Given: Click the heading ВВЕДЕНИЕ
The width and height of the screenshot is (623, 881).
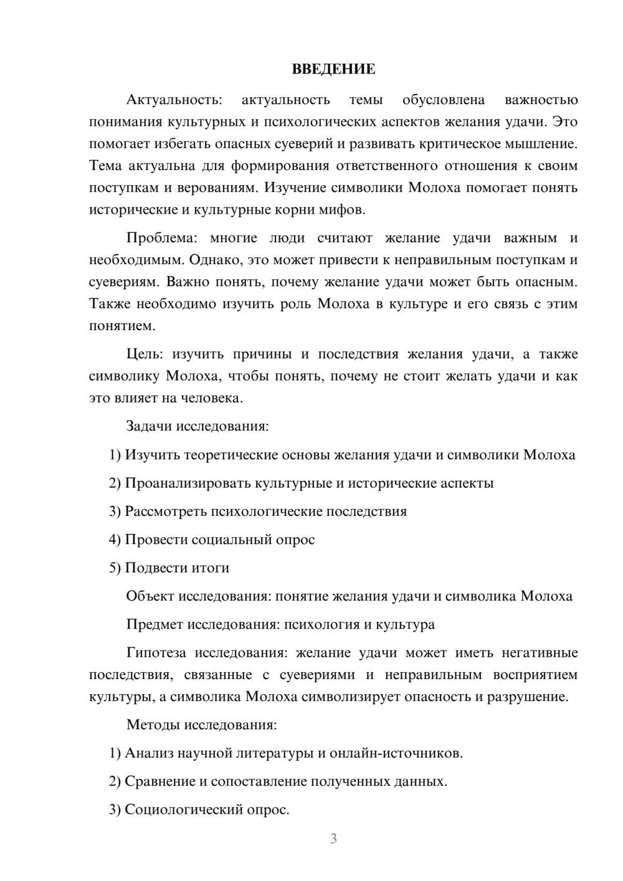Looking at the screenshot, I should (x=333, y=69).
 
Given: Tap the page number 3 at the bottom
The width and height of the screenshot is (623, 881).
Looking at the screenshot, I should (x=333, y=839).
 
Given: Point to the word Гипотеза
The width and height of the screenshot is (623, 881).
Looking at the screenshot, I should (x=156, y=653).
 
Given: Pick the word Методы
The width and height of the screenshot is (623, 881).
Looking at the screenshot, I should (x=150, y=725).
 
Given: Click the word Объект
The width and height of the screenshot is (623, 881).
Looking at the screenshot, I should (x=150, y=596).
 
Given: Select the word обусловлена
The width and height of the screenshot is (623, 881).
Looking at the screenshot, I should (x=444, y=100).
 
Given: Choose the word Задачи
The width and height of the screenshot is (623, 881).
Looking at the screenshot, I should (x=149, y=427).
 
